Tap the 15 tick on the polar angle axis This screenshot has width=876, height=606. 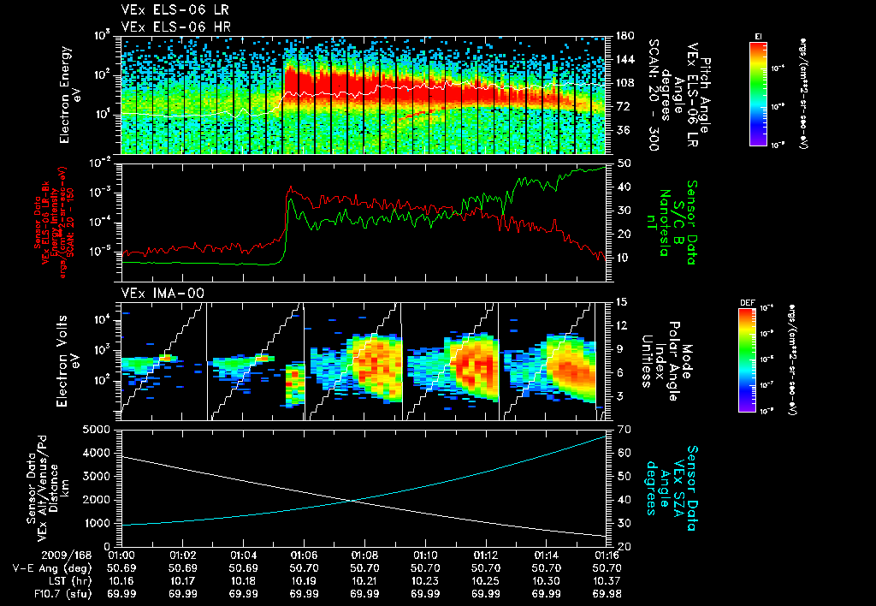(x=622, y=302)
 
